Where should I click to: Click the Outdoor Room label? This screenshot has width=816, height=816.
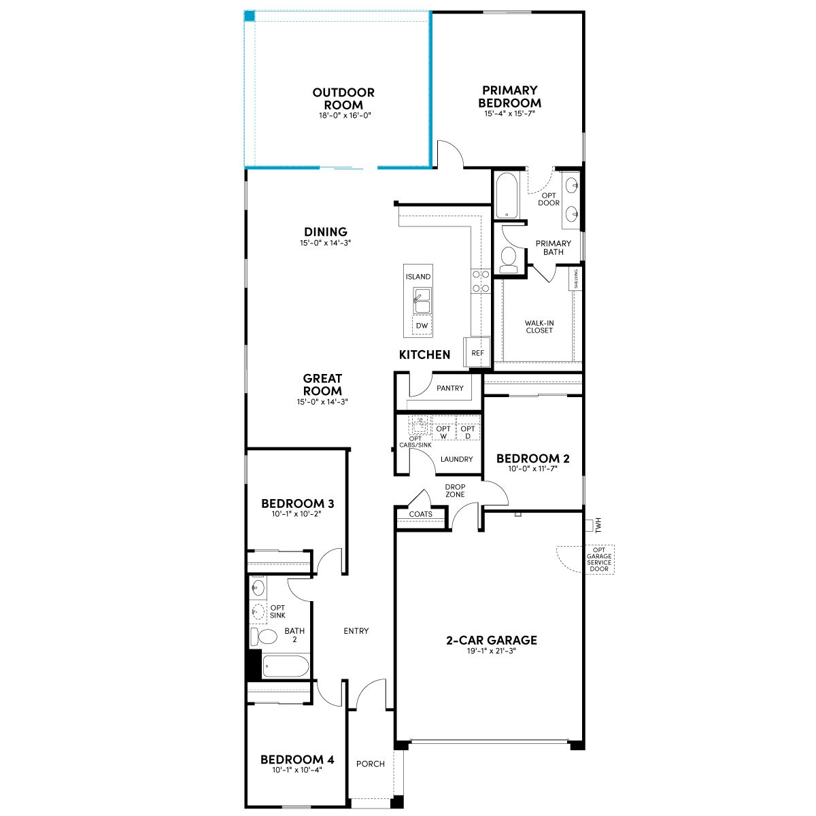coord(343,99)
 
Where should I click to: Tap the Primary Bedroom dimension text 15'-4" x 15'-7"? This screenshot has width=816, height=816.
coord(510,114)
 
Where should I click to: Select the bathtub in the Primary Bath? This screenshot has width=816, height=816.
coord(507,195)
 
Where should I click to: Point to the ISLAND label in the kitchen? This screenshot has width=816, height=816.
coord(418,277)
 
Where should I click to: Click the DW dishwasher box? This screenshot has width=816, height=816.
coord(422,325)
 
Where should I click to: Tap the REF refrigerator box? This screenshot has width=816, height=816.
coord(477,352)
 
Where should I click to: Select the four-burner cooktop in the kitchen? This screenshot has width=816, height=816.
coord(481,281)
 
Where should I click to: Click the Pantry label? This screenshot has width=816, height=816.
coord(449,388)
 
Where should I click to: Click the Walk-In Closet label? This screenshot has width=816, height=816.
coord(539,326)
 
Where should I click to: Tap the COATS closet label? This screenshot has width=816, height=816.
coord(420,514)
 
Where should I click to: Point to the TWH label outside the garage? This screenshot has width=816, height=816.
coord(598,526)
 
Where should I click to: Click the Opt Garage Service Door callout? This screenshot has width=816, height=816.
coord(599,560)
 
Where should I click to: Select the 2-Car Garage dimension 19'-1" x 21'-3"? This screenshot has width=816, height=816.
coord(491,651)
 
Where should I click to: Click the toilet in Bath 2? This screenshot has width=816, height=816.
coord(263,636)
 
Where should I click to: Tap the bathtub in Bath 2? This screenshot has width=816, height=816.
coord(286,666)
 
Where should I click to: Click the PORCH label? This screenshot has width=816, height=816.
coord(371,764)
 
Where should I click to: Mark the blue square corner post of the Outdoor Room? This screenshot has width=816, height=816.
coord(250,16)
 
